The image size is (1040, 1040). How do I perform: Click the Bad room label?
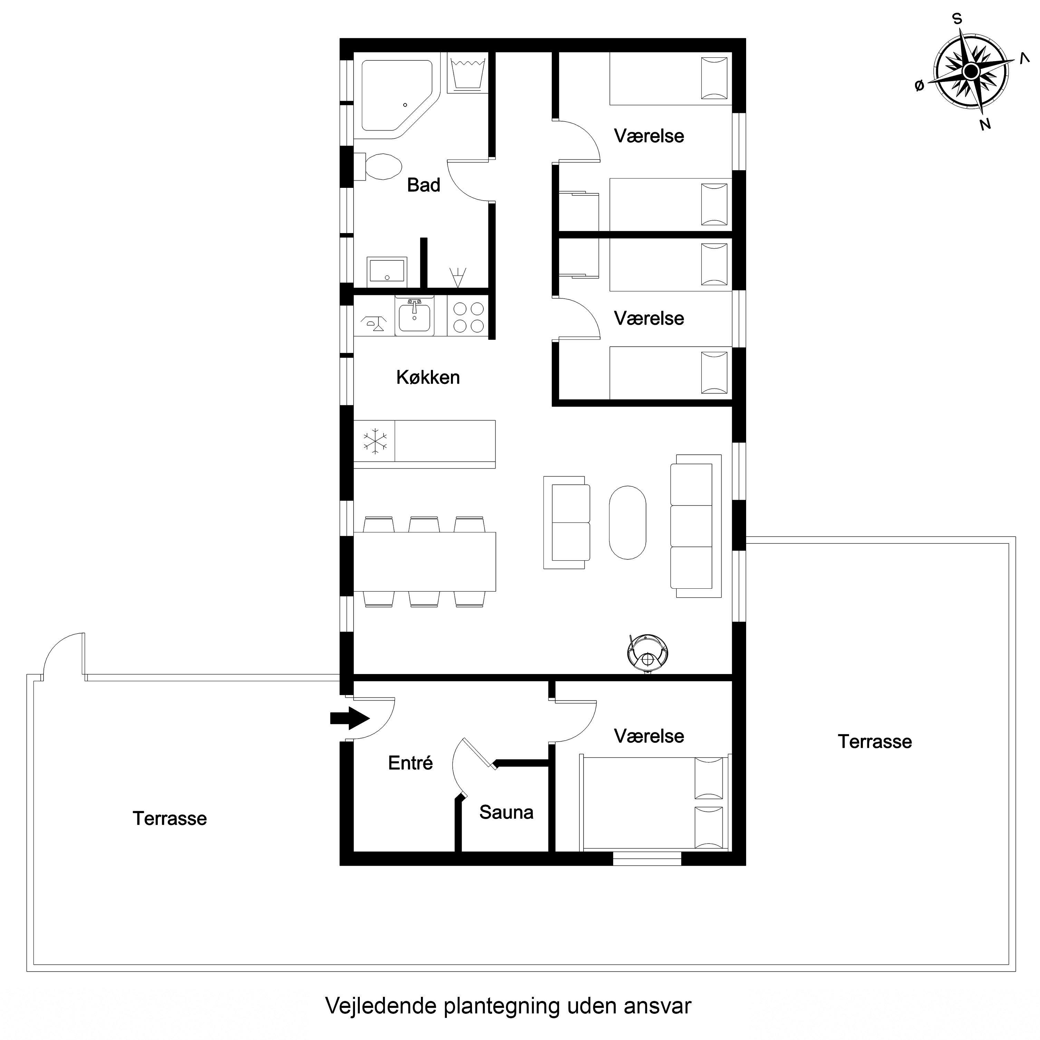[x=424, y=185]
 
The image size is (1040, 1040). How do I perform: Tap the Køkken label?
[x=428, y=377]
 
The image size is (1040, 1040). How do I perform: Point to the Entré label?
[x=410, y=762]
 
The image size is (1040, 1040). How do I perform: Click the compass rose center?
[x=971, y=71]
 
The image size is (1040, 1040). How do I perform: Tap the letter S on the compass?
[x=957, y=19]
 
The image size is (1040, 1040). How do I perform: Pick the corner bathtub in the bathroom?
[x=397, y=96]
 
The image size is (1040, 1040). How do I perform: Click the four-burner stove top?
[x=468, y=317]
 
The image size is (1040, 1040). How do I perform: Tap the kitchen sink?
[x=414, y=317]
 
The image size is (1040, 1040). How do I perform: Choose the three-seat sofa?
[x=695, y=526]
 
